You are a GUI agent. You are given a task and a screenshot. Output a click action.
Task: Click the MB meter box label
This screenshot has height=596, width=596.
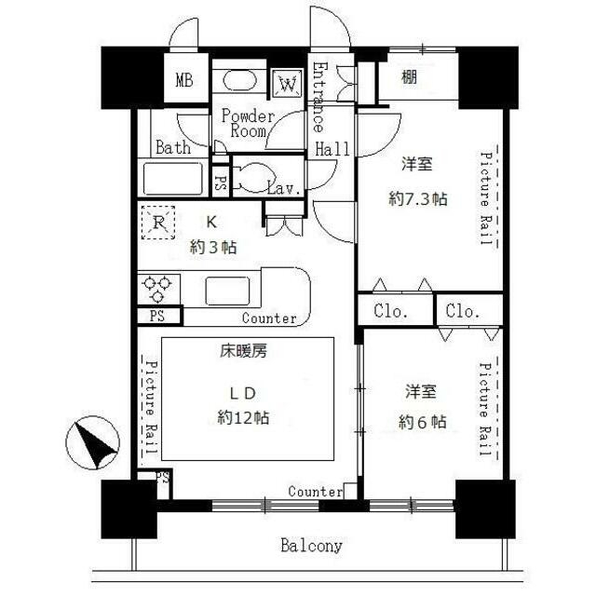point(184,80)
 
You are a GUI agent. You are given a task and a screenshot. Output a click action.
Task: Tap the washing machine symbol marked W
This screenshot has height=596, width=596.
point(288,84)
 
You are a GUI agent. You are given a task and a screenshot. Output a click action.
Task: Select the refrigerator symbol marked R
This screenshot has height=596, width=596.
point(158,223)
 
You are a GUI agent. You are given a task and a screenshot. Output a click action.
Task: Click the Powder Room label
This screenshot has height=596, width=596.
point(248,123)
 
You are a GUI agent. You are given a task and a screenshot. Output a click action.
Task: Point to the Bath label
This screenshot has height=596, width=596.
point(173,147)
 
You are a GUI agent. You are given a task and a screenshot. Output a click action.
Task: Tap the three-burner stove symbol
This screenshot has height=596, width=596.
point(158,289)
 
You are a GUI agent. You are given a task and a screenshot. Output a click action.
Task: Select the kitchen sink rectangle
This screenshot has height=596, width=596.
point(227,291)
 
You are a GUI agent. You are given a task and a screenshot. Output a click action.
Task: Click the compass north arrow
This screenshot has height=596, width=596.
point(93,443)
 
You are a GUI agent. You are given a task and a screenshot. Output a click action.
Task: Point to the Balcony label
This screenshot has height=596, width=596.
point(311,546)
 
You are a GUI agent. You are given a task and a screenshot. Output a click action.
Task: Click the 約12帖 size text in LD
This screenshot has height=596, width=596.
point(243,418)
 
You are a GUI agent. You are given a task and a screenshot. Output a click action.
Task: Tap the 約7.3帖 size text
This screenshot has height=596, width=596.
point(418,198)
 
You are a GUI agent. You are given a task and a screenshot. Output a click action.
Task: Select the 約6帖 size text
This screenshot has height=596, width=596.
point(422,422)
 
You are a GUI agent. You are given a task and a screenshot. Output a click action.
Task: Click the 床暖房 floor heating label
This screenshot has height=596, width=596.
point(244,351)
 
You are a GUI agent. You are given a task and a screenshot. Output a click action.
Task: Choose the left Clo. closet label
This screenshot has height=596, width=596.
point(391,311)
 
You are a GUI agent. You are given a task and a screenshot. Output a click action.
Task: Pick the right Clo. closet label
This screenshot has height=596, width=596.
point(463,311)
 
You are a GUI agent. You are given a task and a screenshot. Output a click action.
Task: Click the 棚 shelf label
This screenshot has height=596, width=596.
point(410,77)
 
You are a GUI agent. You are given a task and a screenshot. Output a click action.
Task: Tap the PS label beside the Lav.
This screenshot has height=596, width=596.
point(220,183)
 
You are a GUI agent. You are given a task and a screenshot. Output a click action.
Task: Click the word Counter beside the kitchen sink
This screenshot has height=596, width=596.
point(269,318)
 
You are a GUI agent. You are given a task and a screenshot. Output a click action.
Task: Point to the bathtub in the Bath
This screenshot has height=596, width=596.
point(173,179)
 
